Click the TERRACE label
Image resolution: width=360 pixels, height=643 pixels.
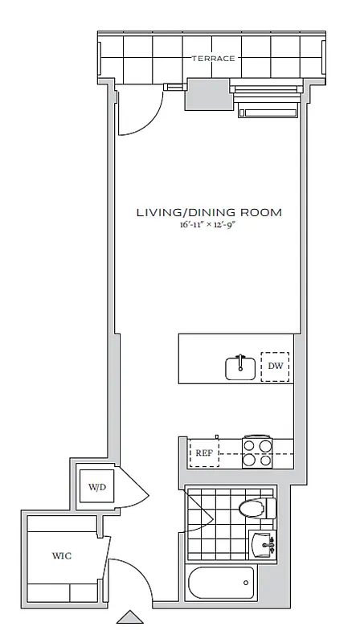(x=213, y=59)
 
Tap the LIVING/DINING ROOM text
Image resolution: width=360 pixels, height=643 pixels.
(x=208, y=213)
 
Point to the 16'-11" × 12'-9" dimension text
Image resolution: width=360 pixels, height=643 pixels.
(x=208, y=227)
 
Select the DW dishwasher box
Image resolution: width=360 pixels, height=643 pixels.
(x=276, y=368)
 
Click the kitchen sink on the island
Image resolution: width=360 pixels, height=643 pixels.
(x=240, y=367)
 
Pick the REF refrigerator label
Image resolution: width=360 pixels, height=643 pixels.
(x=203, y=453)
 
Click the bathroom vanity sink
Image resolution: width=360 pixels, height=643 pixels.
(x=263, y=544)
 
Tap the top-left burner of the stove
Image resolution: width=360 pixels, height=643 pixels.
(x=250, y=444)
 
